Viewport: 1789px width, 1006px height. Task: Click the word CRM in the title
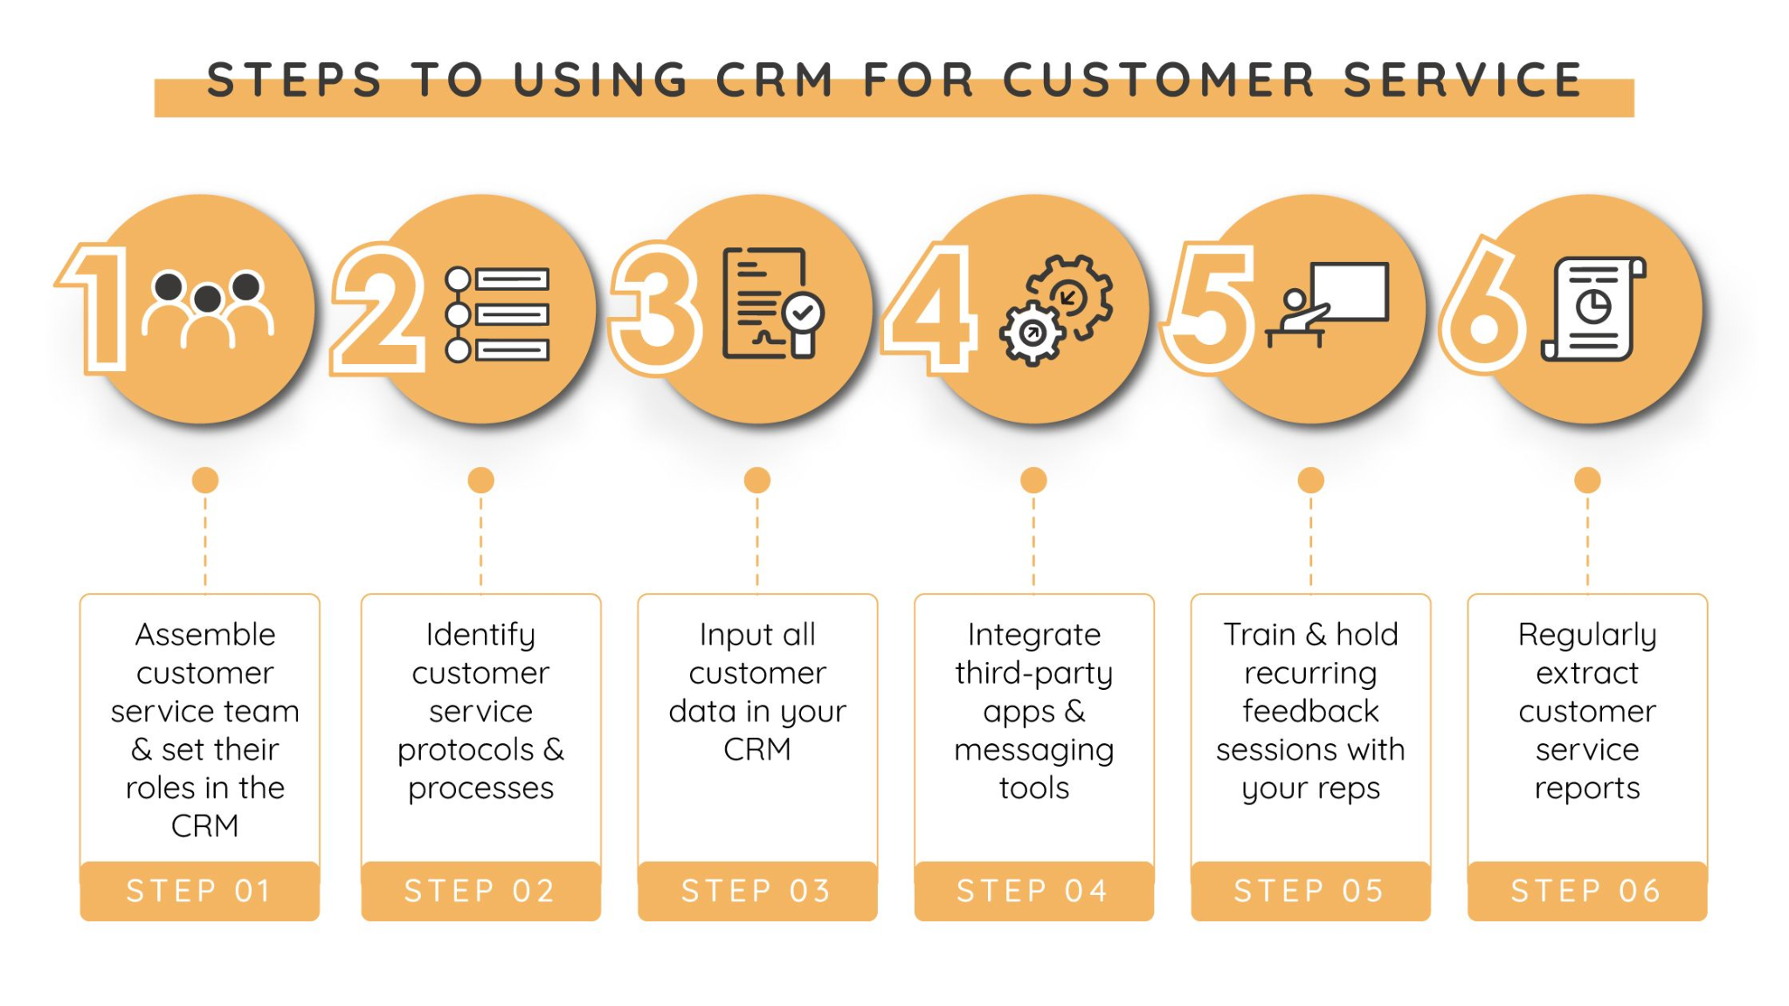tap(774, 80)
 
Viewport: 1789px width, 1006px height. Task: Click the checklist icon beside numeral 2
tap(497, 314)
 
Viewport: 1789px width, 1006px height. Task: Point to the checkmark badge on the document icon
tap(803, 313)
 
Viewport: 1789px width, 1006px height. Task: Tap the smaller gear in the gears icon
tap(1033, 333)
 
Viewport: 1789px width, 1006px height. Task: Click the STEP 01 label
tap(199, 891)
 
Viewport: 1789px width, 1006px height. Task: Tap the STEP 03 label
tap(756, 891)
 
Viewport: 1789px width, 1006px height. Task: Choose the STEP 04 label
tap(1033, 891)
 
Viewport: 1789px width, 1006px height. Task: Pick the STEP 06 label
tap(1586, 891)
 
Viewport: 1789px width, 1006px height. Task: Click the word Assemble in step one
tap(205, 634)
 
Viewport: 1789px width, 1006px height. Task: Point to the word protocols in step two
tap(466, 750)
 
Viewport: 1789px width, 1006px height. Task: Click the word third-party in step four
tap(1033, 673)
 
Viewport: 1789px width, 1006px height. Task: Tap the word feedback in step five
tap(1310, 711)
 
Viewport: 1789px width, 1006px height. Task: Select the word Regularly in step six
tap(1586, 635)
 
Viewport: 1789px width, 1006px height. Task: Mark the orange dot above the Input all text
tap(757, 480)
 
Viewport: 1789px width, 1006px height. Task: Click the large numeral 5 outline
tap(1211, 307)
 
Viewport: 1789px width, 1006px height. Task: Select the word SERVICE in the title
tap(1462, 80)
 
